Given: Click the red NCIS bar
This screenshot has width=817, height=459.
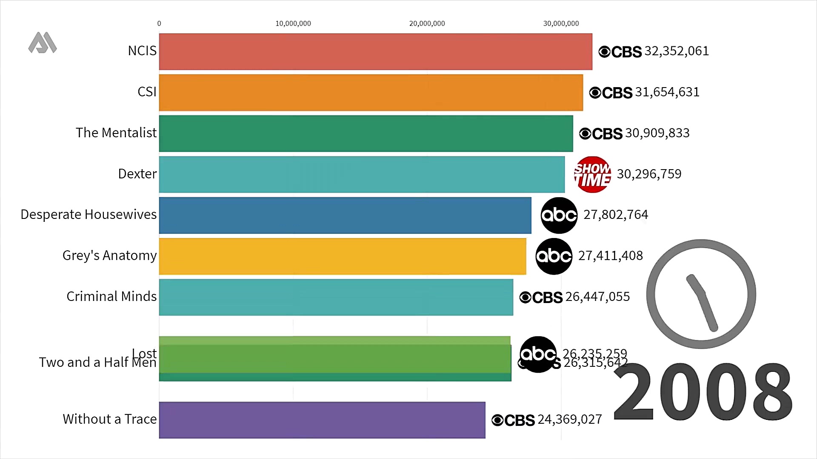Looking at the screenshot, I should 375,51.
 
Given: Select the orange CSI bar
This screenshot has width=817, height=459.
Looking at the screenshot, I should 371,93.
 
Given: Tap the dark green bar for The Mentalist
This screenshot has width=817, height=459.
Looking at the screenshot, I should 366,133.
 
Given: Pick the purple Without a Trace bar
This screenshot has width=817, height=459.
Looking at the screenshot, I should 322,420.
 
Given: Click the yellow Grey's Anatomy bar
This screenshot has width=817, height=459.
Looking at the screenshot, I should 343,256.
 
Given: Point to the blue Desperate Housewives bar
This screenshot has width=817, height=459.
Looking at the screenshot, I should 345,215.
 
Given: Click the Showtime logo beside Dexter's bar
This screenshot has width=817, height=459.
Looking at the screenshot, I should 592,175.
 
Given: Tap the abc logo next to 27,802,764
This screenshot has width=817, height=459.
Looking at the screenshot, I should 559,215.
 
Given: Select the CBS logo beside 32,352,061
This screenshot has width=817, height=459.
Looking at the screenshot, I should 620,52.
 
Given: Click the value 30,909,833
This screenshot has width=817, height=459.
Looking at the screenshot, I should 657,133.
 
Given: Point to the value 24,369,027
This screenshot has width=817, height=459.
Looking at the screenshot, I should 570,420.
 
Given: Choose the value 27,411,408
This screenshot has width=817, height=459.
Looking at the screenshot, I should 610,256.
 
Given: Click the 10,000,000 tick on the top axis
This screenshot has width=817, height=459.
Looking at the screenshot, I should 293,24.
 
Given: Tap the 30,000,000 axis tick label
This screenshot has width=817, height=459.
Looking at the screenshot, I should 561,24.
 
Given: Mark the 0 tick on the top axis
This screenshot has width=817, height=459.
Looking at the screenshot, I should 159,24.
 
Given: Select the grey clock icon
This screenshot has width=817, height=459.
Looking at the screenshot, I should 701,294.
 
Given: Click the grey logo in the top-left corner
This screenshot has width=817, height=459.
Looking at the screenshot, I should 43,43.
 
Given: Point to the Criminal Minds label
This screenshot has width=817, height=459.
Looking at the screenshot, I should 111,297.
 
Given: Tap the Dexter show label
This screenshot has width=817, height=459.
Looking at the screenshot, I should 137,174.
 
